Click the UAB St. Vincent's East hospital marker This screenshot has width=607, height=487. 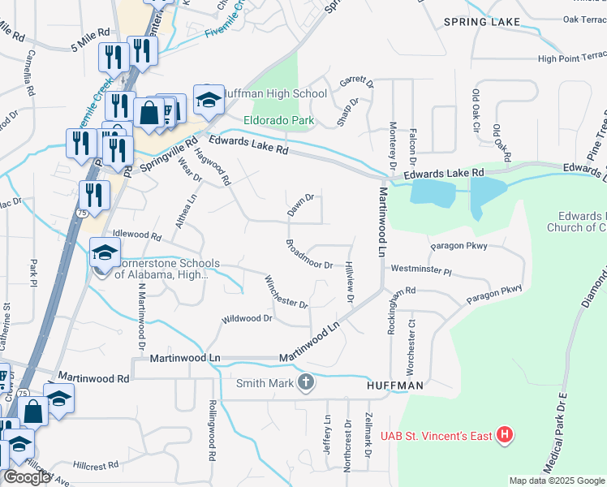(x=506, y=436)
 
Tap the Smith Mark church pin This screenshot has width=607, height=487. (x=305, y=382)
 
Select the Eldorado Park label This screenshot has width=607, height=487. (x=279, y=121)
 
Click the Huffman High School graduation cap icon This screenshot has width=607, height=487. (x=209, y=100)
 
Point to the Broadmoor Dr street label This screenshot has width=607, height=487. (x=309, y=254)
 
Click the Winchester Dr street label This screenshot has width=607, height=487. (x=286, y=292)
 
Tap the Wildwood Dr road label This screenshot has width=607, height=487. (x=247, y=319)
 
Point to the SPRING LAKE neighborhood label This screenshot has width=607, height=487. (x=476, y=22)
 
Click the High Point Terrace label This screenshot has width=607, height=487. (x=571, y=58)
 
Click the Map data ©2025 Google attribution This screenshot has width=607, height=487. (x=556, y=481)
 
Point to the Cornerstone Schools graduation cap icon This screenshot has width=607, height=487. (x=105, y=253)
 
